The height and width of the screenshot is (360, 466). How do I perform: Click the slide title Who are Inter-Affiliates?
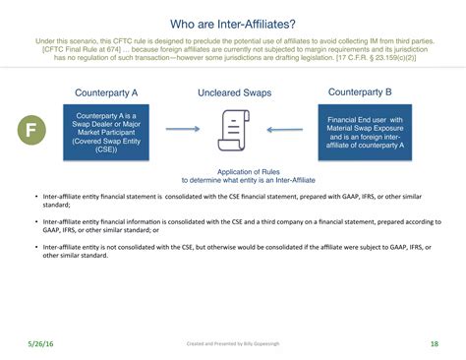tap(232, 22)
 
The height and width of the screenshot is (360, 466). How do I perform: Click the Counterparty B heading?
tap(360, 92)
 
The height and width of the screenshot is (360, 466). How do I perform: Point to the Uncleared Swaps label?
tap(233, 93)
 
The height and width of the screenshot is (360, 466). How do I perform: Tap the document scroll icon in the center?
tap(232, 130)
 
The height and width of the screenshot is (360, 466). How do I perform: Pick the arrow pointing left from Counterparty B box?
tap(282, 129)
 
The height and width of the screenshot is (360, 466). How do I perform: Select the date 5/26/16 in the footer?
tap(40, 343)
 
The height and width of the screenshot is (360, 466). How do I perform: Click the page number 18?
tap(434, 343)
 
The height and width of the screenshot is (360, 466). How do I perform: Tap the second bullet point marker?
tap(35, 223)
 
